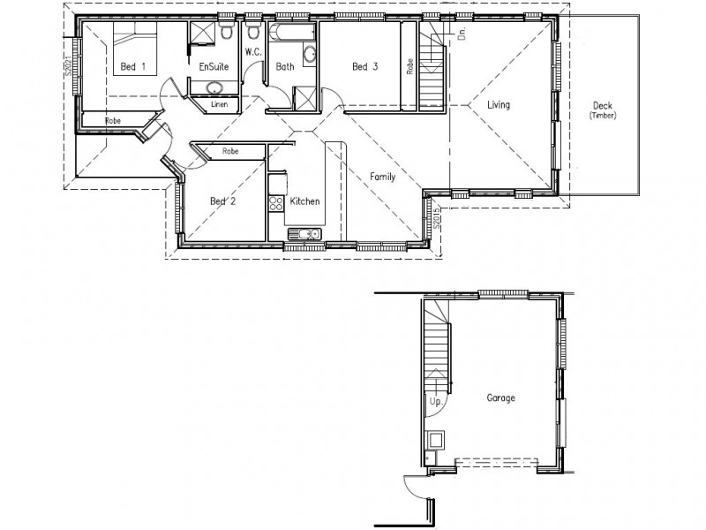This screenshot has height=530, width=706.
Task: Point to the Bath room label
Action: coord(285,66)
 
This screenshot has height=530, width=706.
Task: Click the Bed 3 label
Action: coord(365,66)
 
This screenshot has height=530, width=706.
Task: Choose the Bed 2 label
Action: coord(222,201)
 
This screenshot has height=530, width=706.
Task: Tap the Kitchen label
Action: coord(305,201)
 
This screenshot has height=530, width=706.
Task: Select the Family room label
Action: coord(382,177)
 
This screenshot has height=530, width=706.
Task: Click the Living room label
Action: coord(499,105)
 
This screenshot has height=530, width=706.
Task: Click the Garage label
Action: coord(500,397)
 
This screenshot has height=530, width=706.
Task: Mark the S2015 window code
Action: coord(437,219)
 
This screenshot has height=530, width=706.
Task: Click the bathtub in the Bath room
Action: coord(291,34)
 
